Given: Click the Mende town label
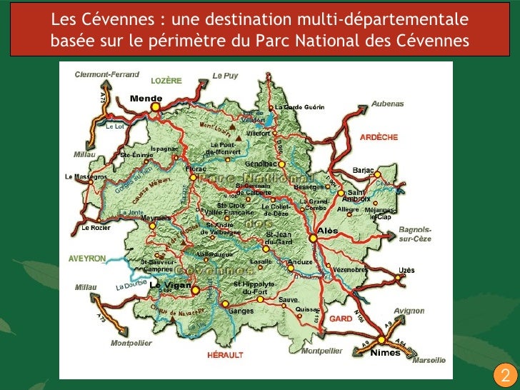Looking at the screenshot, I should tap(146, 99).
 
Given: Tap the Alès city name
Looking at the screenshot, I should tap(328, 231).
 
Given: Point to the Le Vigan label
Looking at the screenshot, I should tap(170, 285).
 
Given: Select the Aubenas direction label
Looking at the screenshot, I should tap(387, 104).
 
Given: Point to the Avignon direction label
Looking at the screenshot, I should tap(409, 311).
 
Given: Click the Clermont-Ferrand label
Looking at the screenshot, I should tap(108, 75).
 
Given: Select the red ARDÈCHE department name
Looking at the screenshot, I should tap(379, 136).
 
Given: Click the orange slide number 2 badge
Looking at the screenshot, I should tap(504, 376).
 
